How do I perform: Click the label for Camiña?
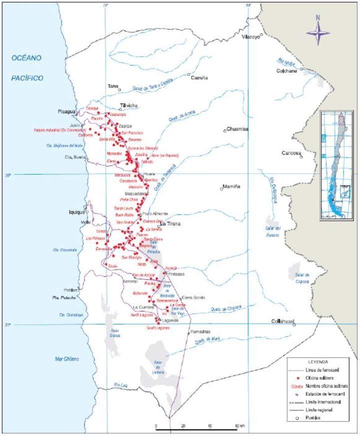pos(199,77)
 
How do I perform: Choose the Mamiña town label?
pos(231,186)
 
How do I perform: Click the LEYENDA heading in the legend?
pos(318,360)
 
